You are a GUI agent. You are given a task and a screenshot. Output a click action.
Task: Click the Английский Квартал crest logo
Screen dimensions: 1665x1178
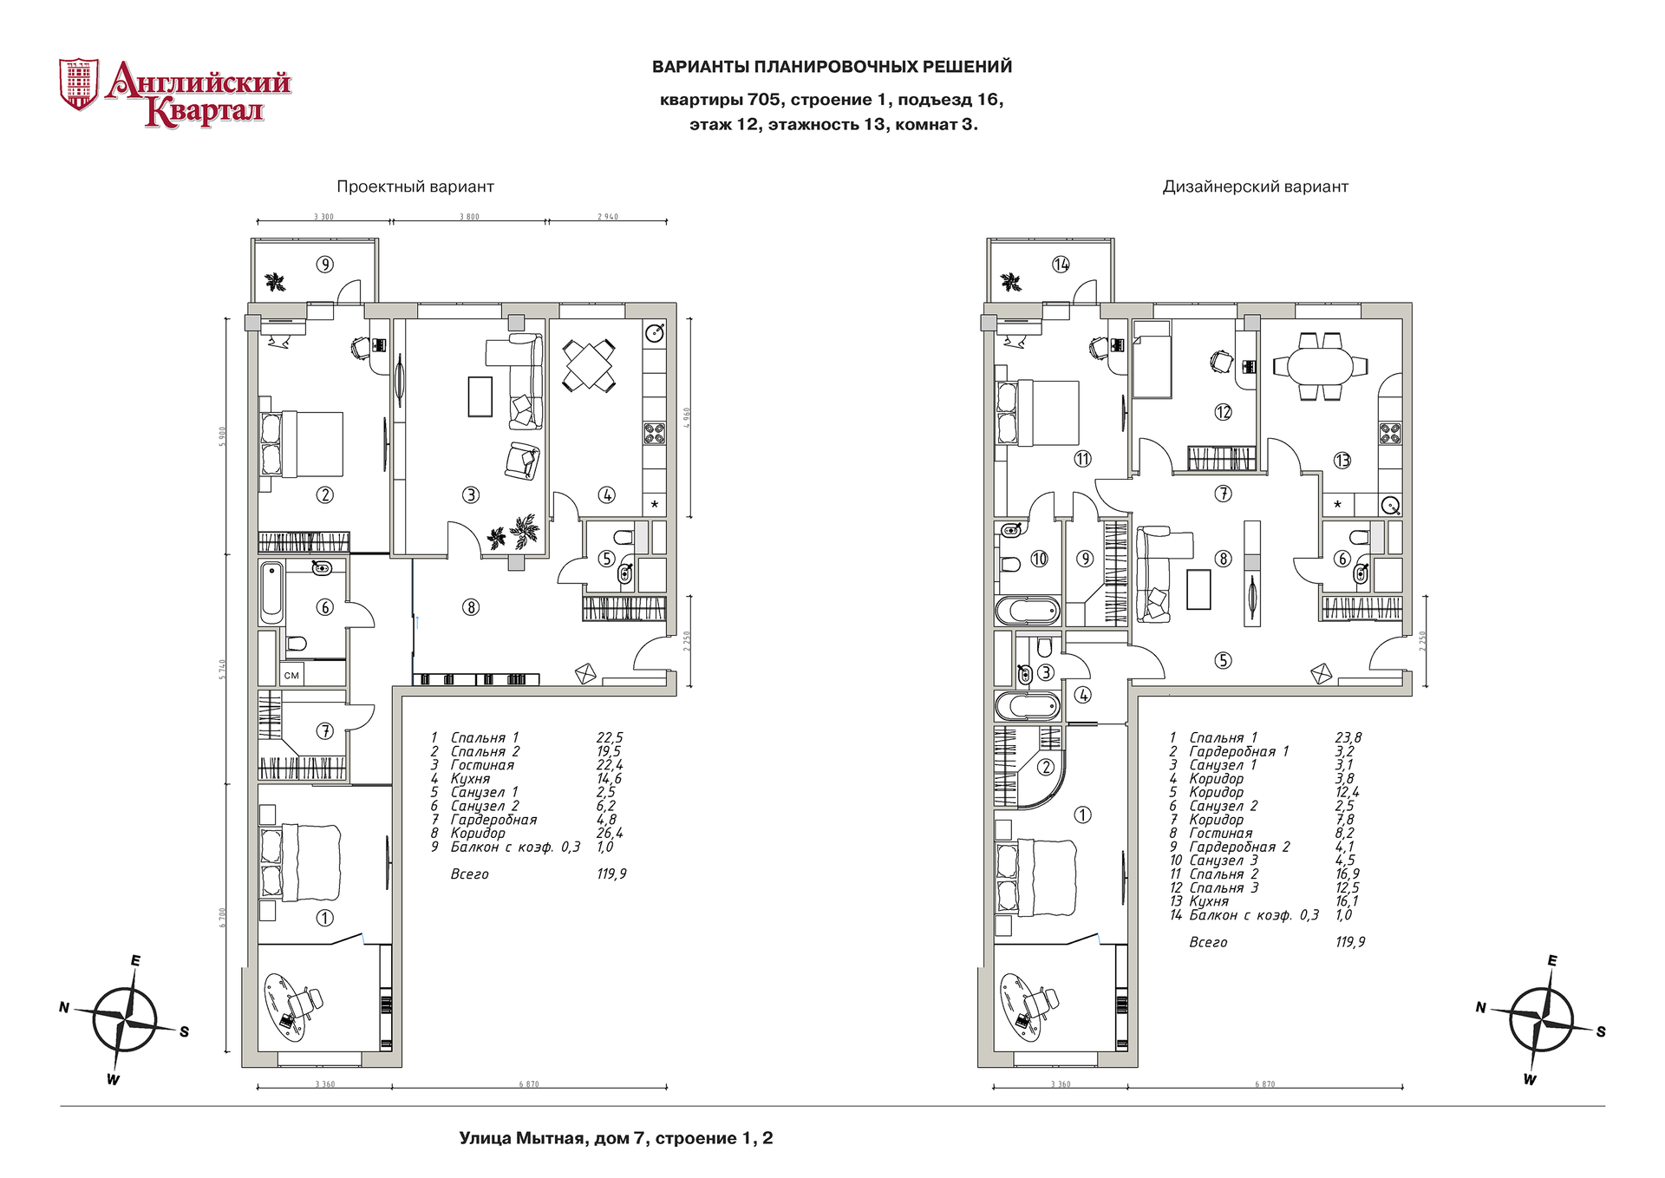coord(78,84)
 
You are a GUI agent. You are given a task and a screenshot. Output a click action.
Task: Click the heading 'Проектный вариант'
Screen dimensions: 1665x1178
coord(415,187)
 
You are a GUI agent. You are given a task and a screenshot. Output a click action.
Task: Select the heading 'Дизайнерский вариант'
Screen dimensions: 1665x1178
coord(1255,187)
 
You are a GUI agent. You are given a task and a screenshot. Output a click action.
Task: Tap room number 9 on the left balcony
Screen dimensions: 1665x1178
coord(324,265)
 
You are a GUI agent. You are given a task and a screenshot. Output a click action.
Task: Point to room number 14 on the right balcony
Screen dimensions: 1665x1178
coord(1061,265)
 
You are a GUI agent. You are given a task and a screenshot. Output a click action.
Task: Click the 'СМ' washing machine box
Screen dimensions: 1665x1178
coord(291,675)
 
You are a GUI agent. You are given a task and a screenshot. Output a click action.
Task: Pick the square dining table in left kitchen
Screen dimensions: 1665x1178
coord(589,364)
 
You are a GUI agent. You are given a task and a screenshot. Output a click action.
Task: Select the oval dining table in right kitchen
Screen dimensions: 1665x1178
coord(1320,365)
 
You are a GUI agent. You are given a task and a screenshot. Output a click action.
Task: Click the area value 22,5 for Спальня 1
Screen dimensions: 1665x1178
coord(609,738)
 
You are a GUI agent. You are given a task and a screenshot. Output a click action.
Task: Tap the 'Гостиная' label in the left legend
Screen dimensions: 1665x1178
coord(482,765)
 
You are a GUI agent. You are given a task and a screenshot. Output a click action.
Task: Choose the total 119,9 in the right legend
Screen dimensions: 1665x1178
coord(1349,942)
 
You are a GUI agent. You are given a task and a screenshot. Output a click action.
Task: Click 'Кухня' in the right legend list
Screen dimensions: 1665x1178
coord(1209,901)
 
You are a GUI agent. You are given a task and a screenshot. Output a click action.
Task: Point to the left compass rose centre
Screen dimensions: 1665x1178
coord(126,1019)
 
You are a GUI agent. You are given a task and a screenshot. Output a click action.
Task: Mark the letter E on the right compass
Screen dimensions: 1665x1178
coord(1551,961)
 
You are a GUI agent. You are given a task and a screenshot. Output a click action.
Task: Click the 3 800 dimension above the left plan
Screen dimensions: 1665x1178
coord(469,217)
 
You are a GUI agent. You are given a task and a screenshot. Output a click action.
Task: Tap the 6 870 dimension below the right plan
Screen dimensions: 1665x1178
coord(1264,1084)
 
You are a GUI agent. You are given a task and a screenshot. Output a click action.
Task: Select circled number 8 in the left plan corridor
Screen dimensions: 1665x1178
coord(471,607)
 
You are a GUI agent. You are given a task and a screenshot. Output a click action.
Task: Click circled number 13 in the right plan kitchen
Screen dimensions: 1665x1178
coord(1342,461)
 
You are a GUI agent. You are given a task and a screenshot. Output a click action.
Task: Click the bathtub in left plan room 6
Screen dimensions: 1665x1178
coord(271,592)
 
